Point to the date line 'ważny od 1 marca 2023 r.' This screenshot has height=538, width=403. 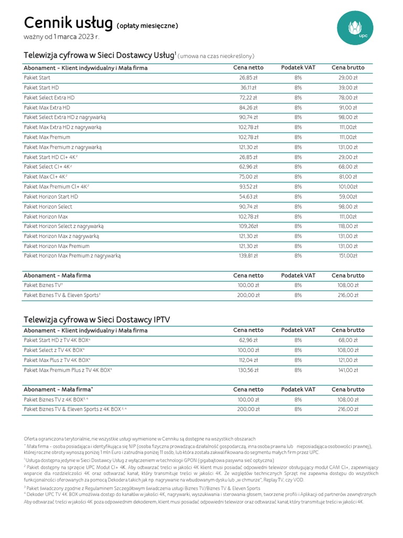(x=61, y=37)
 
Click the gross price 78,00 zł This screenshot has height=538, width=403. (x=348, y=97)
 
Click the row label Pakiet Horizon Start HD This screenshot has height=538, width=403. (x=51, y=196)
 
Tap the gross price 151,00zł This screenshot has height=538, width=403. (x=348, y=256)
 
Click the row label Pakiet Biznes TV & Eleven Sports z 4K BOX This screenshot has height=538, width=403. (x=76, y=409)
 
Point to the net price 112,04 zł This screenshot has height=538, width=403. (x=248, y=360)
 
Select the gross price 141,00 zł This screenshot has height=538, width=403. (x=348, y=370)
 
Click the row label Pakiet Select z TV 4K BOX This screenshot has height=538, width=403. (x=54, y=350)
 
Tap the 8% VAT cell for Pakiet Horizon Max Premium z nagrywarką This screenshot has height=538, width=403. (x=298, y=256)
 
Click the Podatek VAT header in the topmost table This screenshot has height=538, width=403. (x=298, y=68)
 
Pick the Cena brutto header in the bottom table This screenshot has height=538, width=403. (x=348, y=390)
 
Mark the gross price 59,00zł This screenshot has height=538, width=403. (x=348, y=196)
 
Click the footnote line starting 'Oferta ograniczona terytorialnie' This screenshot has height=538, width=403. (x=140, y=439)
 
